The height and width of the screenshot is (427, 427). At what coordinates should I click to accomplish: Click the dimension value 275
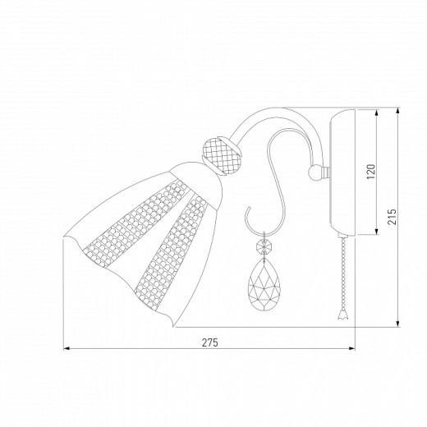pyautogui.click(x=210, y=342)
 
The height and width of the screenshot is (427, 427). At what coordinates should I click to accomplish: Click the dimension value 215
pyautogui.click(x=392, y=217)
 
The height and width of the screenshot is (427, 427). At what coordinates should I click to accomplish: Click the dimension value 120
pyautogui.click(x=370, y=172)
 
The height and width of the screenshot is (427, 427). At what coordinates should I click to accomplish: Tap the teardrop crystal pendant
pyautogui.click(x=264, y=285)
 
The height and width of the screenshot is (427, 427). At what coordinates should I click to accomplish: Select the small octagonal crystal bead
pyautogui.click(x=264, y=246)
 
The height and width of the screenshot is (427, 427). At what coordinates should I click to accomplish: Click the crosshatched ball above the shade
pyautogui.click(x=222, y=156)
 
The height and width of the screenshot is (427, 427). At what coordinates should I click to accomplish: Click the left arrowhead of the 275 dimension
pyautogui.click(x=67, y=349)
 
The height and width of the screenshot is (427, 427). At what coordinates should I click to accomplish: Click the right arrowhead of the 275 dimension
pyautogui.click(x=352, y=349)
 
